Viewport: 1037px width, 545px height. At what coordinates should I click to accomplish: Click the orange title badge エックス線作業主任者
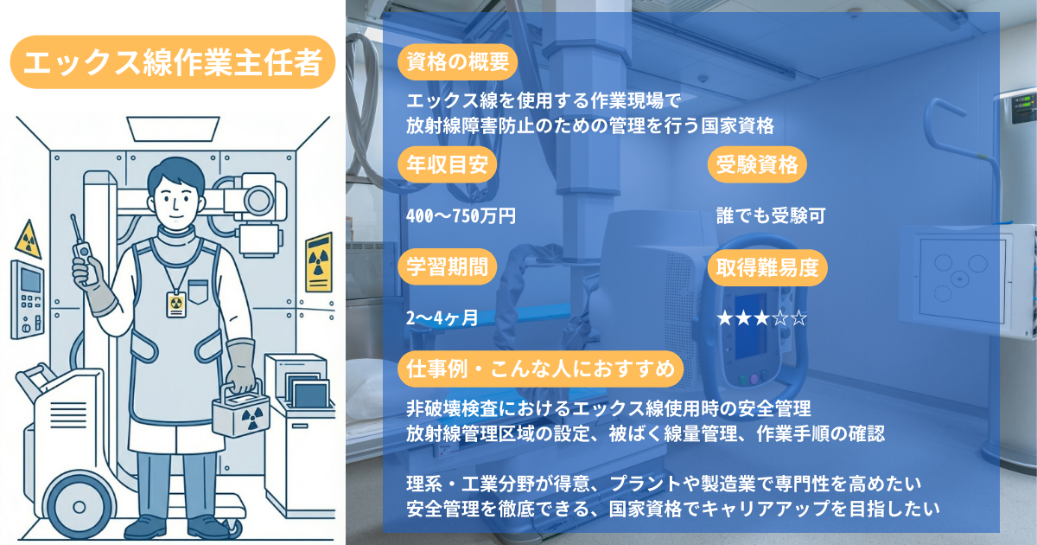tap(173, 62)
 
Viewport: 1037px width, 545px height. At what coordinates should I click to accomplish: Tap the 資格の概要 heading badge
tap(457, 61)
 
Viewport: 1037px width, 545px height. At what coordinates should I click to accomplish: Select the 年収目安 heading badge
tap(446, 163)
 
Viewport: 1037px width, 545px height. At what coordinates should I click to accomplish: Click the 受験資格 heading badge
tap(757, 163)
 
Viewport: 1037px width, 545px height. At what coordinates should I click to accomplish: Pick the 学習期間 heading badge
tap(446, 267)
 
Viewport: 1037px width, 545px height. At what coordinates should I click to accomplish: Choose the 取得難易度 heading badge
tap(767, 267)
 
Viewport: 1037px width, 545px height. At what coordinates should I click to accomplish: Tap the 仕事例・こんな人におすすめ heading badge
tap(540, 369)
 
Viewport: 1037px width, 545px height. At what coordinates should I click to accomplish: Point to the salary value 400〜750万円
tap(461, 216)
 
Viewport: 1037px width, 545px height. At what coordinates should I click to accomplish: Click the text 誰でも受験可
tap(770, 216)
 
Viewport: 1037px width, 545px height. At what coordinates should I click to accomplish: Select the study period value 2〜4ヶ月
tap(442, 317)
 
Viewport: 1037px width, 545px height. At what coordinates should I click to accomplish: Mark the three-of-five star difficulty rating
tap(761, 317)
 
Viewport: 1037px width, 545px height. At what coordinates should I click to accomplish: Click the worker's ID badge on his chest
tap(175, 302)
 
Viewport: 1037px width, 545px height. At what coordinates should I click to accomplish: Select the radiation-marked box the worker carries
tap(245, 419)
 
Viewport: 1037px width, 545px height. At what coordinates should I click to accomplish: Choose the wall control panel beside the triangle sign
tap(28, 298)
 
